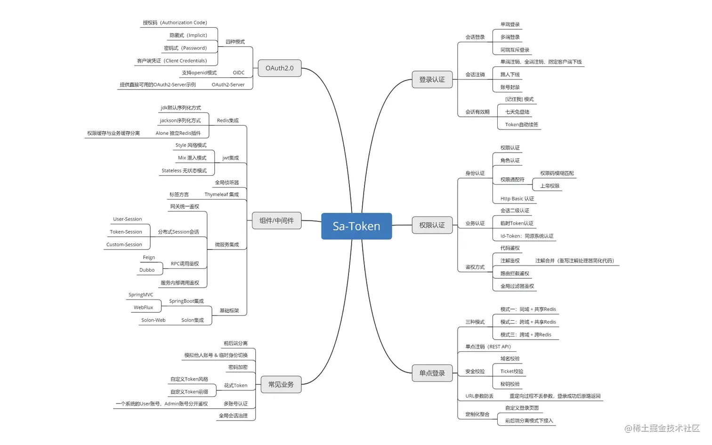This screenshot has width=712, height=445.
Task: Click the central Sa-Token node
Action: (356, 226)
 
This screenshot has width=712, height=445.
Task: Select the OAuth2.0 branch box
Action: (279, 68)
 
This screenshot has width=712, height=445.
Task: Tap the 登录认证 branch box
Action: (432, 80)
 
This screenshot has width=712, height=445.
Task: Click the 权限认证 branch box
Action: (432, 225)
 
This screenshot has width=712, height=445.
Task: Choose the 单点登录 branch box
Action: (432, 373)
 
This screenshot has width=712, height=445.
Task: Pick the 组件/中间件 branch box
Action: (276, 220)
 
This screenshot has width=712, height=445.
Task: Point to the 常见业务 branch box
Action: (281, 384)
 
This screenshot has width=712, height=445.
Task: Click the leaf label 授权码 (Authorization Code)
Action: (175, 23)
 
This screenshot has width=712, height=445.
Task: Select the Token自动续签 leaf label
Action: (521, 125)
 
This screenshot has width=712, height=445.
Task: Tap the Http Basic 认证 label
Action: (517, 199)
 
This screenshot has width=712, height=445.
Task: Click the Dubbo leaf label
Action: (147, 270)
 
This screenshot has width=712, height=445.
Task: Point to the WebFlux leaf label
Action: (143, 307)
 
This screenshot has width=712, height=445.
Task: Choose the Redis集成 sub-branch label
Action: (227, 121)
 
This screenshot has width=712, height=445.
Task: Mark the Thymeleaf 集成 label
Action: (221, 194)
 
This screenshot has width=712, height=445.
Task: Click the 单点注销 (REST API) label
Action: (488, 347)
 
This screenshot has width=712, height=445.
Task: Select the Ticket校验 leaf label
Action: (511, 372)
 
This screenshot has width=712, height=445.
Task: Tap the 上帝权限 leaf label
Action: (550, 186)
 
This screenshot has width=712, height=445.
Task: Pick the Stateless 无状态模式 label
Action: (184, 170)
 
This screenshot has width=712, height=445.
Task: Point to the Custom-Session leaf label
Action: (124, 245)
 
